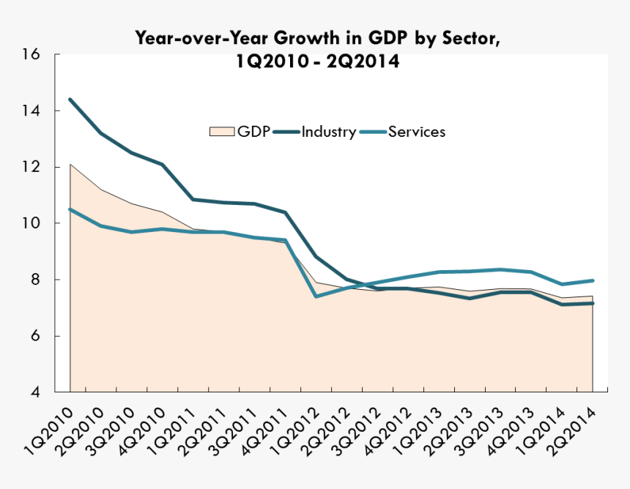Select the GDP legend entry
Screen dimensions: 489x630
pos(241,132)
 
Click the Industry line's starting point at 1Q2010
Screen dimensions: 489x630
pos(70,100)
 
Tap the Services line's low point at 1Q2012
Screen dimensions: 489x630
pos(316,296)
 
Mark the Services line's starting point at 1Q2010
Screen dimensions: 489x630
pos(70,209)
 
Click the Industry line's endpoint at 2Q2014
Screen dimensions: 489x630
pos(592,303)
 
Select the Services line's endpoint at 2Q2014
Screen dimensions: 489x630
pos(592,280)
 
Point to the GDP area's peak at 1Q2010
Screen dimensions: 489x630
pos(70,165)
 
